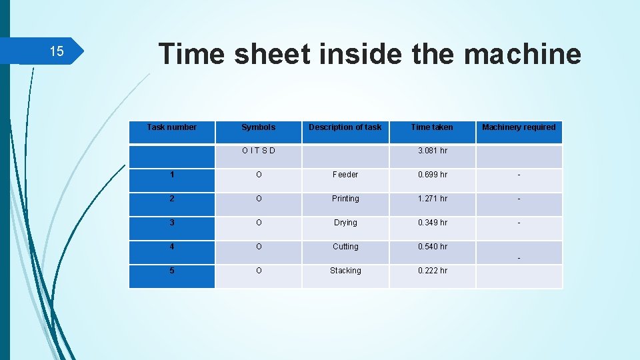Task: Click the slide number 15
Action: [x=57, y=51]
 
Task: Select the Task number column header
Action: [x=172, y=127]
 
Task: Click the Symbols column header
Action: [x=258, y=127]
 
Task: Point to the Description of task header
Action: [x=345, y=127]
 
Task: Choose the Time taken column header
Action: [x=432, y=127]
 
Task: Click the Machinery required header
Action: [x=519, y=127]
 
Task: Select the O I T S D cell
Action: [x=258, y=151]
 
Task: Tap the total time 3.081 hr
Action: [x=432, y=151]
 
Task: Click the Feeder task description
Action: [x=345, y=175]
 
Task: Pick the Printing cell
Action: [x=345, y=199]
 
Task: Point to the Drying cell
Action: [x=345, y=223]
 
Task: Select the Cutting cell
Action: [x=345, y=247]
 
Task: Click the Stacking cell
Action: [x=345, y=271]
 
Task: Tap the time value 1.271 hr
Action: [x=432, y=199]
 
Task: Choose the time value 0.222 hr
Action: [x=432, y=271]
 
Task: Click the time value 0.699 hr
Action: [x=432, y=175]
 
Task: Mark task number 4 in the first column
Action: [x=172, y=247]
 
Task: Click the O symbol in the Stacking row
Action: [x=258, y=271]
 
